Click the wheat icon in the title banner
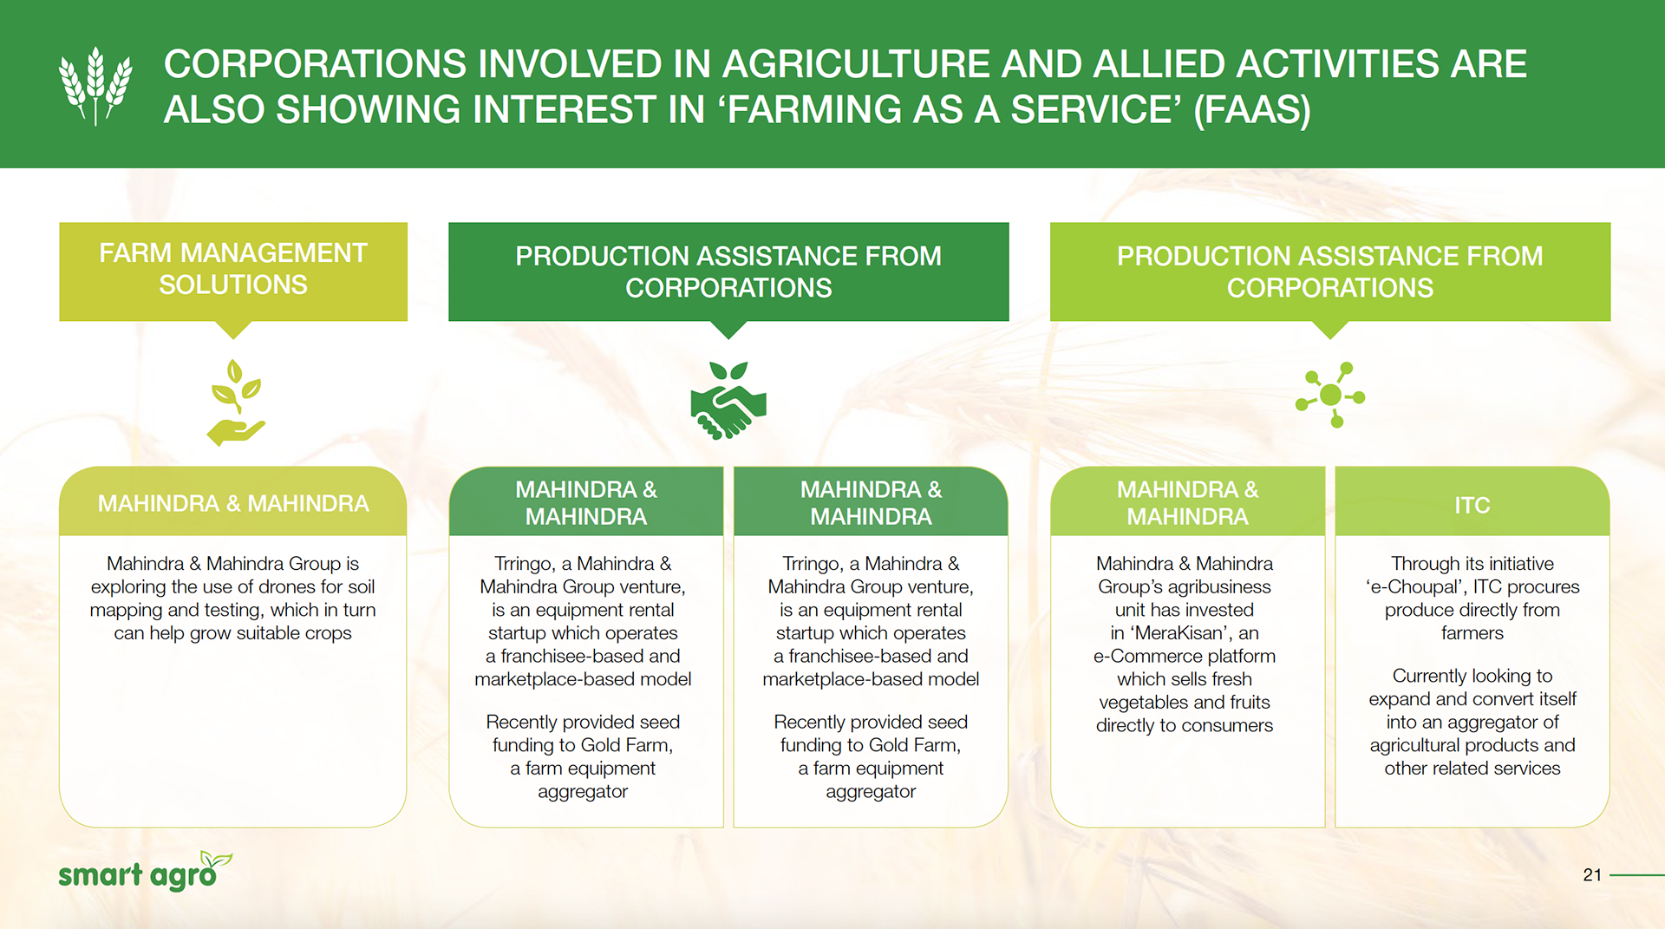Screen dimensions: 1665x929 95,85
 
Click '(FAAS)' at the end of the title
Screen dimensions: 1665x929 1251,110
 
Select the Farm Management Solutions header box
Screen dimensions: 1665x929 233,272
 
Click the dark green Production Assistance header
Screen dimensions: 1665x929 728,272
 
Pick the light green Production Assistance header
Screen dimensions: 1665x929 1330,272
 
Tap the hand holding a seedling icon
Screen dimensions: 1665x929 235,402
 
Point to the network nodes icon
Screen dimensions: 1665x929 1330,396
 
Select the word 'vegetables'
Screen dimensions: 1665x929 1141,703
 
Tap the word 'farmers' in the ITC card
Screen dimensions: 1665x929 1472,633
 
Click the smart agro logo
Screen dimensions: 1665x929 145,872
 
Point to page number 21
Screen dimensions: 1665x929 1592,875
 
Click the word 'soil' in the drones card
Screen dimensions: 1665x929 361,587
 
